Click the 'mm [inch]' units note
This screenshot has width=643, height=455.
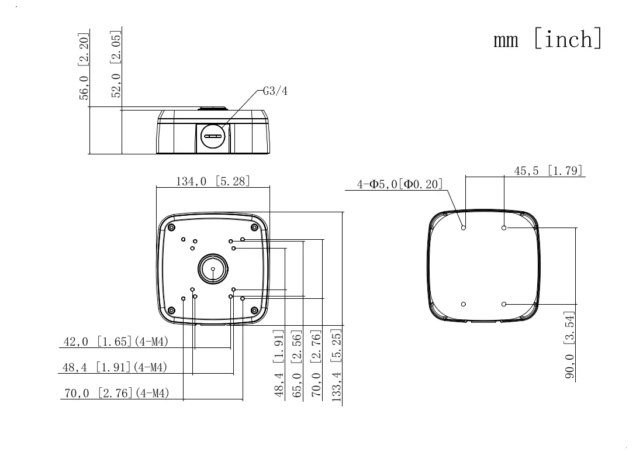548,39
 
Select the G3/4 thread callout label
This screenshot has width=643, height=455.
275,91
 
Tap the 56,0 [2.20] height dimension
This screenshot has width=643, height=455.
84,66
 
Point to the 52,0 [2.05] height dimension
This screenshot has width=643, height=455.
116,64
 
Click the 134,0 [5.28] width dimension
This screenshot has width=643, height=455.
213,181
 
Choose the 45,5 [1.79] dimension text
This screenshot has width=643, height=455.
548,170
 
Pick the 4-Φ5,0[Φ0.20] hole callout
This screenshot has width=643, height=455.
400,184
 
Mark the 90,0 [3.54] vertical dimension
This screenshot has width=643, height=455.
569,344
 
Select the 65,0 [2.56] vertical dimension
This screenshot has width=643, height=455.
297,364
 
